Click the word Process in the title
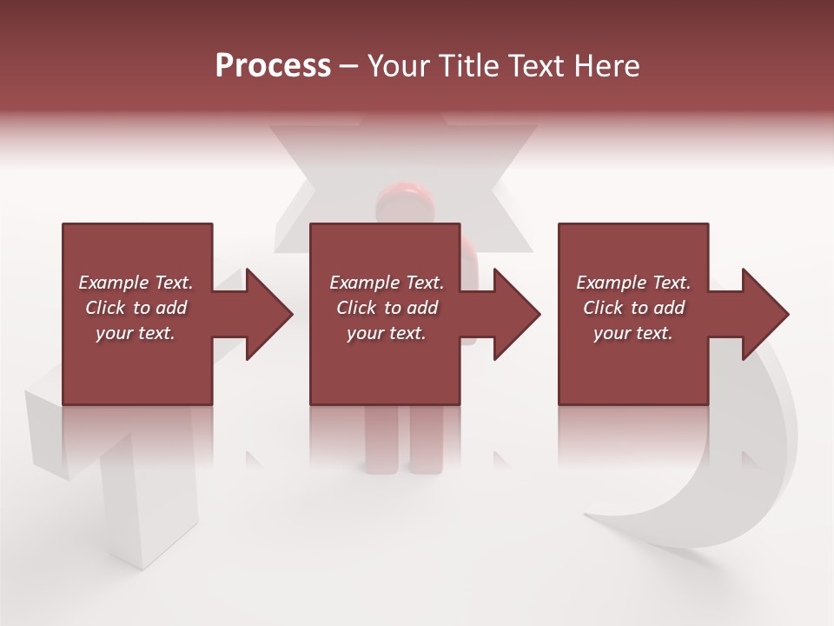273,66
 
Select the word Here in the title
607,66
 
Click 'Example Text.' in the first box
136,283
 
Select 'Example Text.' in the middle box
386,283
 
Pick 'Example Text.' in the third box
633,283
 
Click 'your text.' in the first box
136,333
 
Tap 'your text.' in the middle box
386,333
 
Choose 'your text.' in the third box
633,333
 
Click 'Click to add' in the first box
136,308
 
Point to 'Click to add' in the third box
633,308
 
